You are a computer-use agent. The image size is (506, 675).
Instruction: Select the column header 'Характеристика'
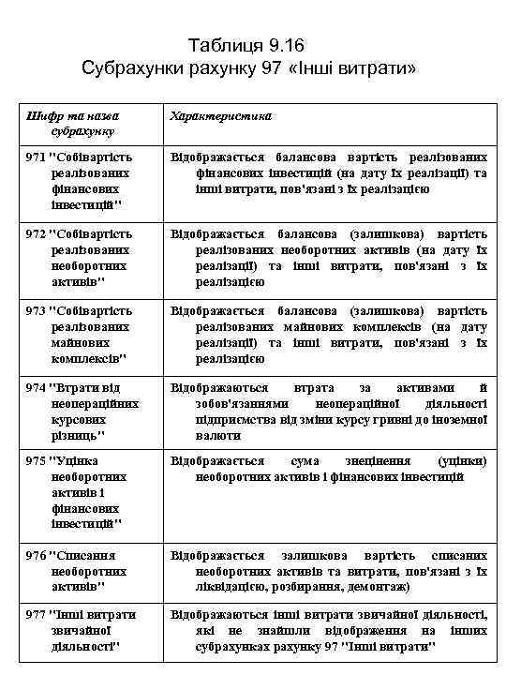[220, 115]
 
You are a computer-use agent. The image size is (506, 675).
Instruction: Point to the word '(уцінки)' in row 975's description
[462, 461]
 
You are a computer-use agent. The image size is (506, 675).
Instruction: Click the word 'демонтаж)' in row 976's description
[378, 586]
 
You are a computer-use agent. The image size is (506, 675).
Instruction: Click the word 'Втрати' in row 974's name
[78, 387]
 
